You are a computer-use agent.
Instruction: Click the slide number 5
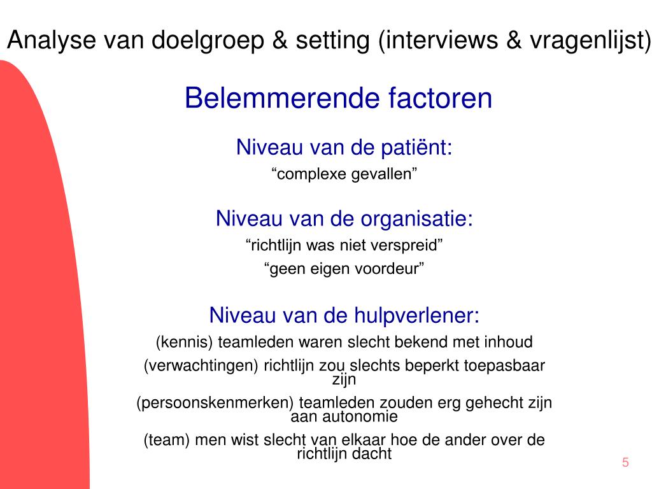click(625, 463)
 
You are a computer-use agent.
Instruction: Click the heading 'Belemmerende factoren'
click(338, 99)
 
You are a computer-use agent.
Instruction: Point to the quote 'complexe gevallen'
click(344, 174)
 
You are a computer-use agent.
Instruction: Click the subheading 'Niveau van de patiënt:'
click(344, 148)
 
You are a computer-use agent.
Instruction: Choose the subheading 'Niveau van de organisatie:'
click(344, 218)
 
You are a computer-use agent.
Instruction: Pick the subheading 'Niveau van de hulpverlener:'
click(344, 315)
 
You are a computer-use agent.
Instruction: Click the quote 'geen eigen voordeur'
click(344, 269)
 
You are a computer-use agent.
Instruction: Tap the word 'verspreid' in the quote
click(408, 244)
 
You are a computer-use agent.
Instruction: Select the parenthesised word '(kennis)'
click(185, 342)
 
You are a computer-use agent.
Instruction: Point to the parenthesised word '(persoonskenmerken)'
click(215, 403)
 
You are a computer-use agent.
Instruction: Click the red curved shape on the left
click(38, 287)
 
